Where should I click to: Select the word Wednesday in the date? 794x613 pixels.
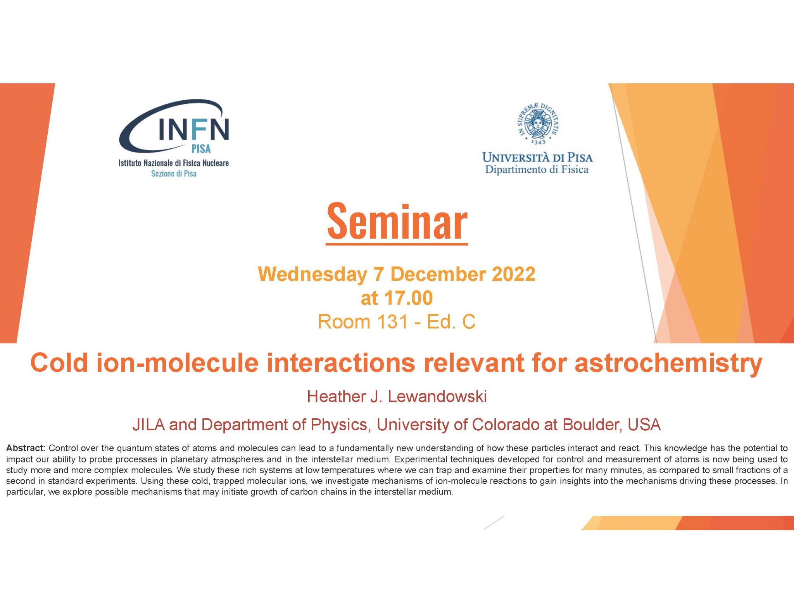pos(312,274)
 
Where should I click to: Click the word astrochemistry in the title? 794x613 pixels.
pos(668,363)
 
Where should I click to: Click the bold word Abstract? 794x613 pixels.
pos(26,448)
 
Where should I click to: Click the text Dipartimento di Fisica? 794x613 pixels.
pos(537,170)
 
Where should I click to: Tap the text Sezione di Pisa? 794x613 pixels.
pos(174,173)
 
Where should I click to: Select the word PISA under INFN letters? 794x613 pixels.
pos(201,149)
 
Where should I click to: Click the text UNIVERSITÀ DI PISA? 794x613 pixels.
pos(537,157)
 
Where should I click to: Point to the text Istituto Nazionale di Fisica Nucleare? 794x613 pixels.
pos(174,163)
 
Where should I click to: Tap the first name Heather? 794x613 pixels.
pos(333,397)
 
